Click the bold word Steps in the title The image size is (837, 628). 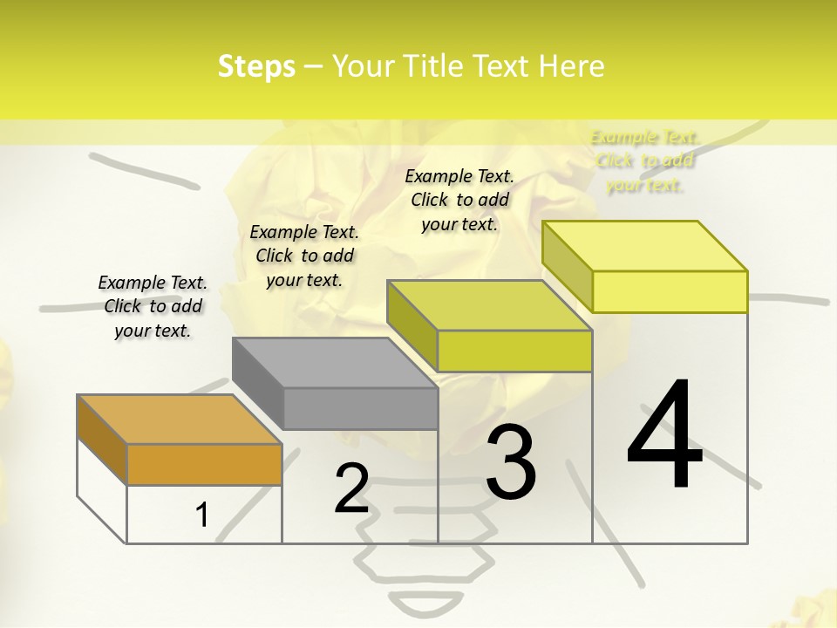[x=256, y=66]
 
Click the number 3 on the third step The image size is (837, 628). [x=511, y=462]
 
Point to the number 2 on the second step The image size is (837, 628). [x=351, y=488]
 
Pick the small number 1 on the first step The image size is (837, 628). [x=202, y=515]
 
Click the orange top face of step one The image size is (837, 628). [x=179, y=420]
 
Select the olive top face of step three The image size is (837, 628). [x=489, y=305]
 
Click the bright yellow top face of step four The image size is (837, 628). [x=644, y=246]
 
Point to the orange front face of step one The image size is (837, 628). [x=204, y=465]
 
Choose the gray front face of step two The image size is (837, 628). [x=360, y=408]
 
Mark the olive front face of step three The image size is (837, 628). [x=514, y=352]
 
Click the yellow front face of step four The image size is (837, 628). [x=670, y=291]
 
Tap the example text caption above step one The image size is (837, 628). [x=153, y=306]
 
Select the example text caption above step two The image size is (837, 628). [x=304, y=256]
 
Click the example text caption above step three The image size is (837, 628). [x=459, y=200]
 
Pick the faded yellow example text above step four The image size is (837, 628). [x=644, y=161]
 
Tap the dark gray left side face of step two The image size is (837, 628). [x=258, y=383]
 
